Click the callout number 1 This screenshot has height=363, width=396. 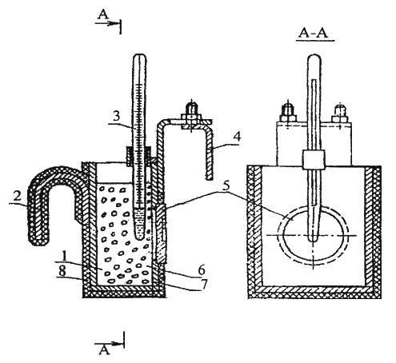pyautogui.click(x=63, y=256)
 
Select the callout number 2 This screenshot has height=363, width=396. pyautogui.click(x=18, y=197)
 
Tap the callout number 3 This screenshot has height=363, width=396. pyautogui.click(x=117, y=116)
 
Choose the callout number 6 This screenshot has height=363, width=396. pyautogui.click(x=202, y=269)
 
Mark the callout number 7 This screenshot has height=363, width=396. pyautogui.click(x=204, y=284)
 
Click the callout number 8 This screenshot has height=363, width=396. pyautogui.click(x=62, y=271)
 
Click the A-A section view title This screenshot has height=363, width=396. pyautogui.click(x=314, y=33)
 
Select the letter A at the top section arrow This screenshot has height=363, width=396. pyautogui.click(x=103, y=14)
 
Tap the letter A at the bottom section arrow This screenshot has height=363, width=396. pyautogui.click(x=104, y=349)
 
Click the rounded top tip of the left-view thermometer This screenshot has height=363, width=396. pyautogui.click(x=140, y=55)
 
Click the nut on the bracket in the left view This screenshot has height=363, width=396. pyautogui.click(x=190, y=117)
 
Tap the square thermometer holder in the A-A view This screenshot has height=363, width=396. pyautogui.click(x=314, y=159)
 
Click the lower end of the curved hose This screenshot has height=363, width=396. pyautogui.click(x=38, y=241)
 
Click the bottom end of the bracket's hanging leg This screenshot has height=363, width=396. pyautogui.click(x=210, y=178)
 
